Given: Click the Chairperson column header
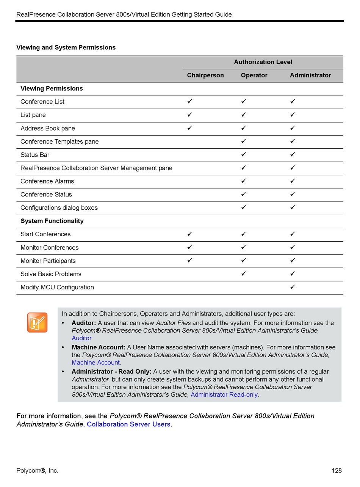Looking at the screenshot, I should [205, 75].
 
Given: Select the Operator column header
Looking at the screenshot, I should [254, 75].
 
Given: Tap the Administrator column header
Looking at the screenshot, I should [310, 75].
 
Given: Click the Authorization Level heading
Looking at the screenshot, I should [263, 62].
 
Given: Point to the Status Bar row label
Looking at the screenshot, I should [35, 155].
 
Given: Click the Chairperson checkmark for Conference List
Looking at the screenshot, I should [190, 101].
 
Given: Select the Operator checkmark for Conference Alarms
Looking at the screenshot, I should [244, 181].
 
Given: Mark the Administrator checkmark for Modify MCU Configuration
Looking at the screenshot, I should [293, 287].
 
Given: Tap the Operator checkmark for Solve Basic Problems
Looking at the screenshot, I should [244, 273].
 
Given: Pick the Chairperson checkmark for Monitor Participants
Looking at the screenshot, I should [190, 260].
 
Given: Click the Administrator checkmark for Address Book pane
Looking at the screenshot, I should [293, 128].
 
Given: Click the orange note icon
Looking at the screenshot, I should [37, 322].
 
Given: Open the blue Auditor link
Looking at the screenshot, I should [81, 338].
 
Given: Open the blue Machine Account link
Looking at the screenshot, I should [96, 363].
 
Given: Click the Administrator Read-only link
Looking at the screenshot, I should [224, 395].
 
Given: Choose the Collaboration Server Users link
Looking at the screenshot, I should [129, 424].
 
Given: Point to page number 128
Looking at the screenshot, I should [337, 471].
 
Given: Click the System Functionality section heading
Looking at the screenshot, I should [52, 221].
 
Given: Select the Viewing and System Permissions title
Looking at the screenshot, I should [66, 48].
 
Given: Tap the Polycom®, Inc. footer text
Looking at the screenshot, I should [37, 471].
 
